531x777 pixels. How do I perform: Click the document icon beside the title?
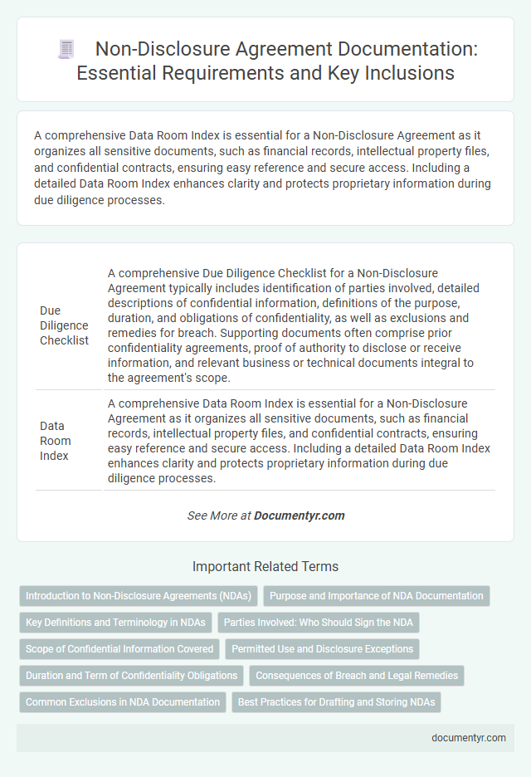click(x=67, y=49)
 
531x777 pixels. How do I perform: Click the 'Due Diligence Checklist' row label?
click(x=64, y=325)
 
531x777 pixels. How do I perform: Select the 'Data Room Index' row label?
click(x=56, y=440)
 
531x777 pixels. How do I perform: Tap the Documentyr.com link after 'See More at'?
click(x=299, y=516)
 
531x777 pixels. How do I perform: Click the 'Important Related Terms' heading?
click(x=265, y=567)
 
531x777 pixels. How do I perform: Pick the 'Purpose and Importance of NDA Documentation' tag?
click(x=377, y=596)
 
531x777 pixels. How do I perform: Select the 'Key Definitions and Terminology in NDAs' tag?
click(x=116, y=623)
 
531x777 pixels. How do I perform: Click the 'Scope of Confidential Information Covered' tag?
click(x=119, y=649)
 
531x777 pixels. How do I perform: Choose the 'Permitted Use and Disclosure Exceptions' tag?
click(x=323, y=649)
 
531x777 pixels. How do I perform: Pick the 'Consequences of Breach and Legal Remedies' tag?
click(x=356, y=676)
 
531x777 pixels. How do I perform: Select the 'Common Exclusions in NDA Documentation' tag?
click(x=123, y=702)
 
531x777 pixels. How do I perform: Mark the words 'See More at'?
click(x=219, y=516)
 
